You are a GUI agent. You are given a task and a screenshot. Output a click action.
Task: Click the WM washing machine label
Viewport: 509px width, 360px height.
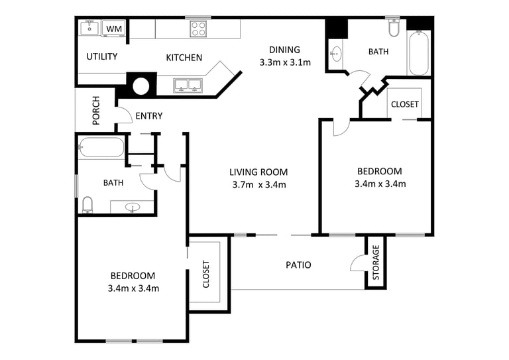pyautogui.click(x=114, y=29)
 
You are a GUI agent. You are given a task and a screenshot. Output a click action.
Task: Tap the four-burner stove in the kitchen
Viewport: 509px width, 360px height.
pyautogui.click(x=198, y=29)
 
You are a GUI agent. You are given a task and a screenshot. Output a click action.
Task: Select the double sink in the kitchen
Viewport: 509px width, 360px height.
pyautogui.click(x=188, y=86)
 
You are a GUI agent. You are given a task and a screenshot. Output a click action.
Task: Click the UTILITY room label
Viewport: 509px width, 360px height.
pyautogui.click(x=102, y=56)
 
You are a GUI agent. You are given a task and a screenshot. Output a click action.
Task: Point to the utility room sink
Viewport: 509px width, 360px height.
pyautogui.click(x=89, y=28)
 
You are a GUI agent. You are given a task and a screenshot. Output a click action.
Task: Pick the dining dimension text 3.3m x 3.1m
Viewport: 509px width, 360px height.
pyautogui.click(x=285, y=62)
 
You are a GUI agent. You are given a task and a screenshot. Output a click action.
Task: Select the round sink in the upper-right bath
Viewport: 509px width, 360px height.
pyautogui.click(x=336, y=54)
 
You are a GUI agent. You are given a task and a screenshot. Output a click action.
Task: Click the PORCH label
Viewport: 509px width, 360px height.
pyautogui.click(x=96, y=110)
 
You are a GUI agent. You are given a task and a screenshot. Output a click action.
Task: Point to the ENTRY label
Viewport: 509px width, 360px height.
pyautogui.click(x=149, y=116)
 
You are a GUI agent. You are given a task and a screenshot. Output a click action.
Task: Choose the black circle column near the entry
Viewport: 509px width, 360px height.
pyautogui.click(x=141, y=86)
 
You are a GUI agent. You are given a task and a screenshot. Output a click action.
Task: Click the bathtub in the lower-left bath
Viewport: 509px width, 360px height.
pyautogui.click(x=101, y=148)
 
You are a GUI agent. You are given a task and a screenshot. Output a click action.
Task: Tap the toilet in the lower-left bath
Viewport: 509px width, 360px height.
pyautogui.click(x=87, y=204)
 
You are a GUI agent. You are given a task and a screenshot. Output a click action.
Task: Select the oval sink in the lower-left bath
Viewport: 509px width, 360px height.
pyautogui.click(x=133, y=207)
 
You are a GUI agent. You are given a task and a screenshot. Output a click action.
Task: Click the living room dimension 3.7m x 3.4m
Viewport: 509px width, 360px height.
pyautogui.click(x=259, y=185)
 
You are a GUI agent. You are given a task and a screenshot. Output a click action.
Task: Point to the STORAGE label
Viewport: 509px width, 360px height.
pyautogui.click(x=376, y=263)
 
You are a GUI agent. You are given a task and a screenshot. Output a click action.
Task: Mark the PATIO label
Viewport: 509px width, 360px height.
pyautogui.click(x=298, y=265)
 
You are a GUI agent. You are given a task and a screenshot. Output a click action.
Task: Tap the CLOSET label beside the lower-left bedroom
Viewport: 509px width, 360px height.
pyautogui.click(x=206, y=274)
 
